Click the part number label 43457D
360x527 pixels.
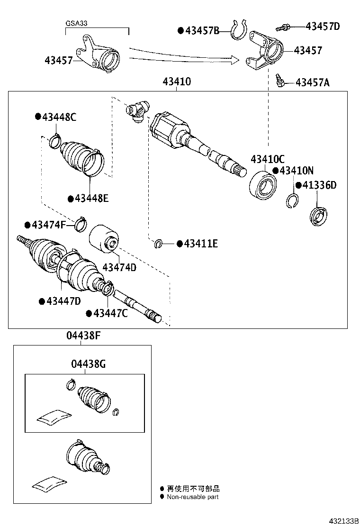tap(323, 26)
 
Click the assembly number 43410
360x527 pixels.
tap(177, 82)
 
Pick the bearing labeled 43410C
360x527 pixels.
tap(262, 184)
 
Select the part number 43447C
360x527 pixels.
tap(110, 313)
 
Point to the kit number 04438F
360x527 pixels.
tap(83, 336)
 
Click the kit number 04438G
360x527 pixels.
tap(88, 364)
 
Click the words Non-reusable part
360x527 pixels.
tap(192, 497)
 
